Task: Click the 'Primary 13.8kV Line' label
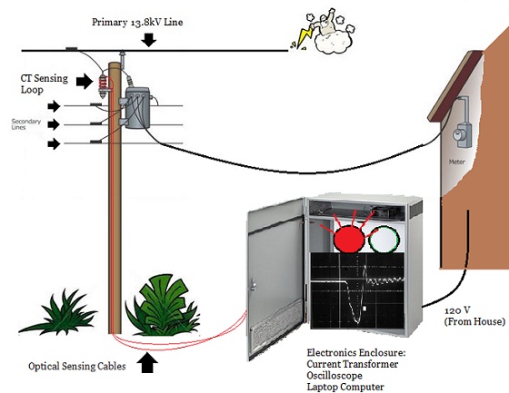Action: [x=137, y=22]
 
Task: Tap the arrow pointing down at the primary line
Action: [x=149, y=40]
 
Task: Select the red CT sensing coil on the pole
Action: [x=104, y=84]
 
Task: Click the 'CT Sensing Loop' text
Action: [x=45, y=84]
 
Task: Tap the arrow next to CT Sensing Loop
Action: [x=85, y=81]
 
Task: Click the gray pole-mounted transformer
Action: [x=137, y=108]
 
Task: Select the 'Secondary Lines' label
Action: [x=26, y=124]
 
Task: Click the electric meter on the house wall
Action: [x=462, y=135]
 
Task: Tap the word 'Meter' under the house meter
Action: [x=456, y=162]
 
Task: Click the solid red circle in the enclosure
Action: [x=349, y=239]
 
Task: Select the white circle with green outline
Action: [x=384, y=240]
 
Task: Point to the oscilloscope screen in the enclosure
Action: [x=357, y=290]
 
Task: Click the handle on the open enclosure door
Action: [x=253, y=284]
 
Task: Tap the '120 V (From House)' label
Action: [x=474, y=316]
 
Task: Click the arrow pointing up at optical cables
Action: [x=147, y=363]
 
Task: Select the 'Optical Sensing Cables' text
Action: [x=77, y=367]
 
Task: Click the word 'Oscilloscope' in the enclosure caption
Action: [x=334, y=376]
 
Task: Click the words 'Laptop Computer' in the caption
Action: [x=345, y=387]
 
